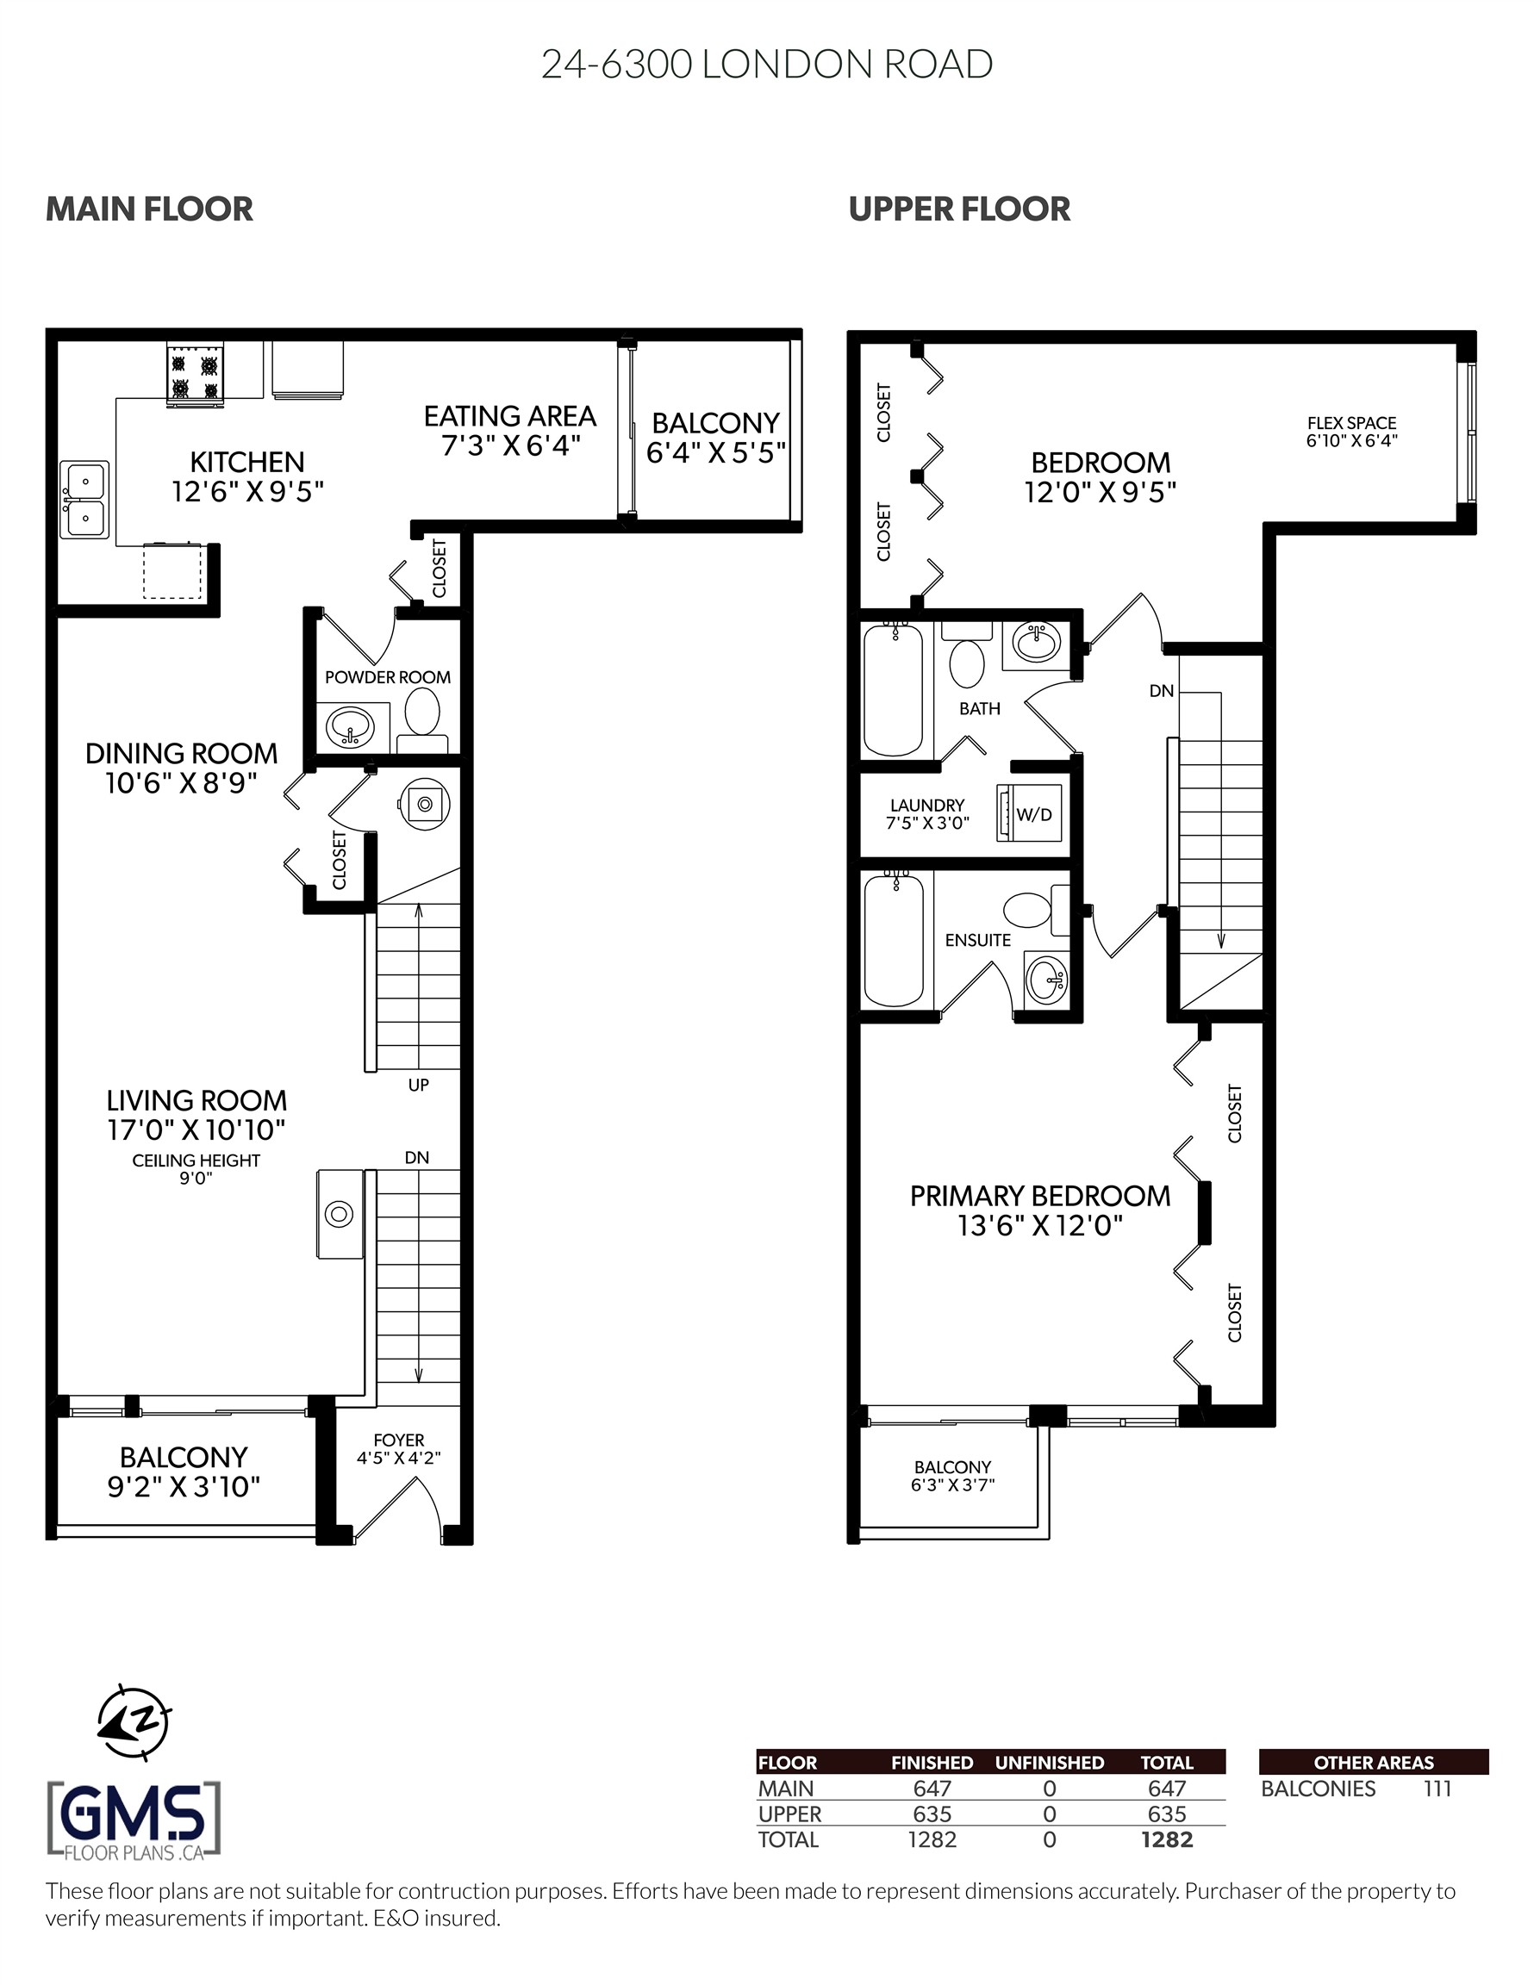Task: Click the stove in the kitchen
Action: [196, 376]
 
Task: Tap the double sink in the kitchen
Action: [84, 501]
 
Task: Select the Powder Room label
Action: [387, 677]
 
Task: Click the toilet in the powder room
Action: [422, 714]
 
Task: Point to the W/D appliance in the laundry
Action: [1029, 813]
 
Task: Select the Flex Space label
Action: [1351, 423]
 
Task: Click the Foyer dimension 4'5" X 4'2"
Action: [398, 1459]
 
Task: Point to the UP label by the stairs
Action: [418, 1085]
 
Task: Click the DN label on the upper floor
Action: [1161, 691]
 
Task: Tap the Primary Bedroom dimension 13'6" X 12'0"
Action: [1039, 1226]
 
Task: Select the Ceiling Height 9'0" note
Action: [196, 1169]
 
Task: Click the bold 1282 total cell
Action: [1167, 1839]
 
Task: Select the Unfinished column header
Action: [1049, 1763]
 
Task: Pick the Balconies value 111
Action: [1437, 1789]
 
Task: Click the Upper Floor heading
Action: [959, 209]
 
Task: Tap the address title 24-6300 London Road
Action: [766, 65]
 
